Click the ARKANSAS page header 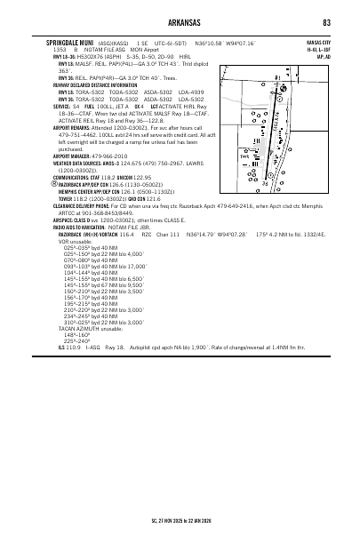click(x=180, y=21)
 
